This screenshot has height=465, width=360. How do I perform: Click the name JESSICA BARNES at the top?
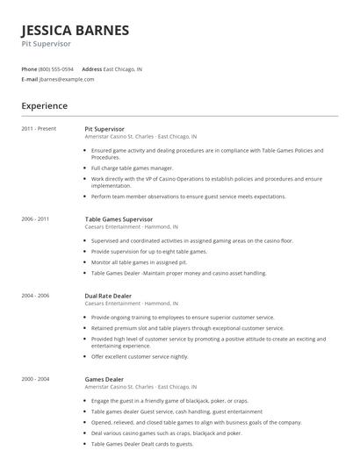coord(76,30)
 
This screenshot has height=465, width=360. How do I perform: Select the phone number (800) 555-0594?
coord(57,68)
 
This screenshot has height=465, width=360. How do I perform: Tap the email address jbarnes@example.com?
coord(67,79)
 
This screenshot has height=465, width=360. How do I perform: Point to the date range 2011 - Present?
coord(39,129)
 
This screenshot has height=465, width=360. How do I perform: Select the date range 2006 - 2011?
coord(36,218)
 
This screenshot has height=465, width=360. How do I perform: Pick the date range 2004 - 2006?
coord(36,297)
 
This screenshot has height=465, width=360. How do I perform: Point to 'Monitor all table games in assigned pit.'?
coord(140,262)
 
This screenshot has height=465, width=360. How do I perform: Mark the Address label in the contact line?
coord(91,68)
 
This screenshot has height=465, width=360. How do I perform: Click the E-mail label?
coord(29,79)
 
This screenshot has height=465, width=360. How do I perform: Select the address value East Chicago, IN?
coord(123,68)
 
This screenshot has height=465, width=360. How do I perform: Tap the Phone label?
coord(29,68)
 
